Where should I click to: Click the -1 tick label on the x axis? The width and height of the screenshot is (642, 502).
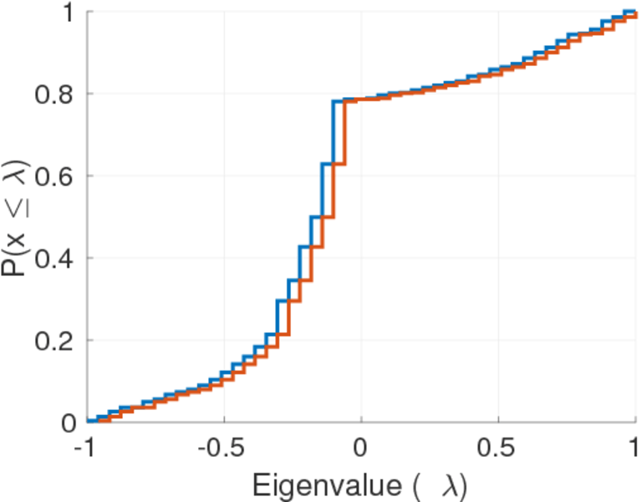click(84, 448)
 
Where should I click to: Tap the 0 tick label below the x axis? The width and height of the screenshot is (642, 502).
click(361, 448)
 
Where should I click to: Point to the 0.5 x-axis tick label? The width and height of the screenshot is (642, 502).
click(498, 448)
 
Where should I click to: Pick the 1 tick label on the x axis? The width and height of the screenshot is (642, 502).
click(635, 448)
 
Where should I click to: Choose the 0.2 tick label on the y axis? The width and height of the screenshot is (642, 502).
click(54, 341)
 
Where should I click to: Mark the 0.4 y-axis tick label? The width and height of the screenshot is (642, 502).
click(54, 259)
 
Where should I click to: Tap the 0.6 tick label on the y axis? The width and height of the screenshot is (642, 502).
click(54, 177)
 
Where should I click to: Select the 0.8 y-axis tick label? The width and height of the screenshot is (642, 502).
click(54, 95)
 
